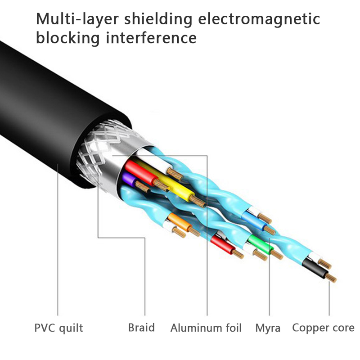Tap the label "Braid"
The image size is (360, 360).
pyautogui.click(x=141, y=327)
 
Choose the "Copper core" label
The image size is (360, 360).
pyautogui.click(x=323, y=327)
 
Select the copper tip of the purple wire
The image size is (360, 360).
pyautogui.click(x=142, y=186)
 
